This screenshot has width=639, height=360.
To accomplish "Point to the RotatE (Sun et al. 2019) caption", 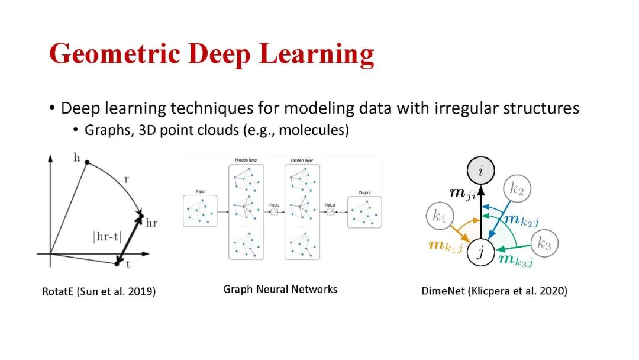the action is tap(99, 291).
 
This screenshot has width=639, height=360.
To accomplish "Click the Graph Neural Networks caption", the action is tap(280, 289).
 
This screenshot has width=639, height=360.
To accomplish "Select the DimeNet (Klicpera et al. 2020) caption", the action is tap(494, 291).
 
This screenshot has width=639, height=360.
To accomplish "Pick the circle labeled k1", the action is tap(439, 217).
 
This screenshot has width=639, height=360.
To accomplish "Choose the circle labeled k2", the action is tap(517, 189).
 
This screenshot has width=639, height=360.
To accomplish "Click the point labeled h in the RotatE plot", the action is tap(88, 161).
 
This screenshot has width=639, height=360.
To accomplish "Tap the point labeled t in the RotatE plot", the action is tap(117, 263).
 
